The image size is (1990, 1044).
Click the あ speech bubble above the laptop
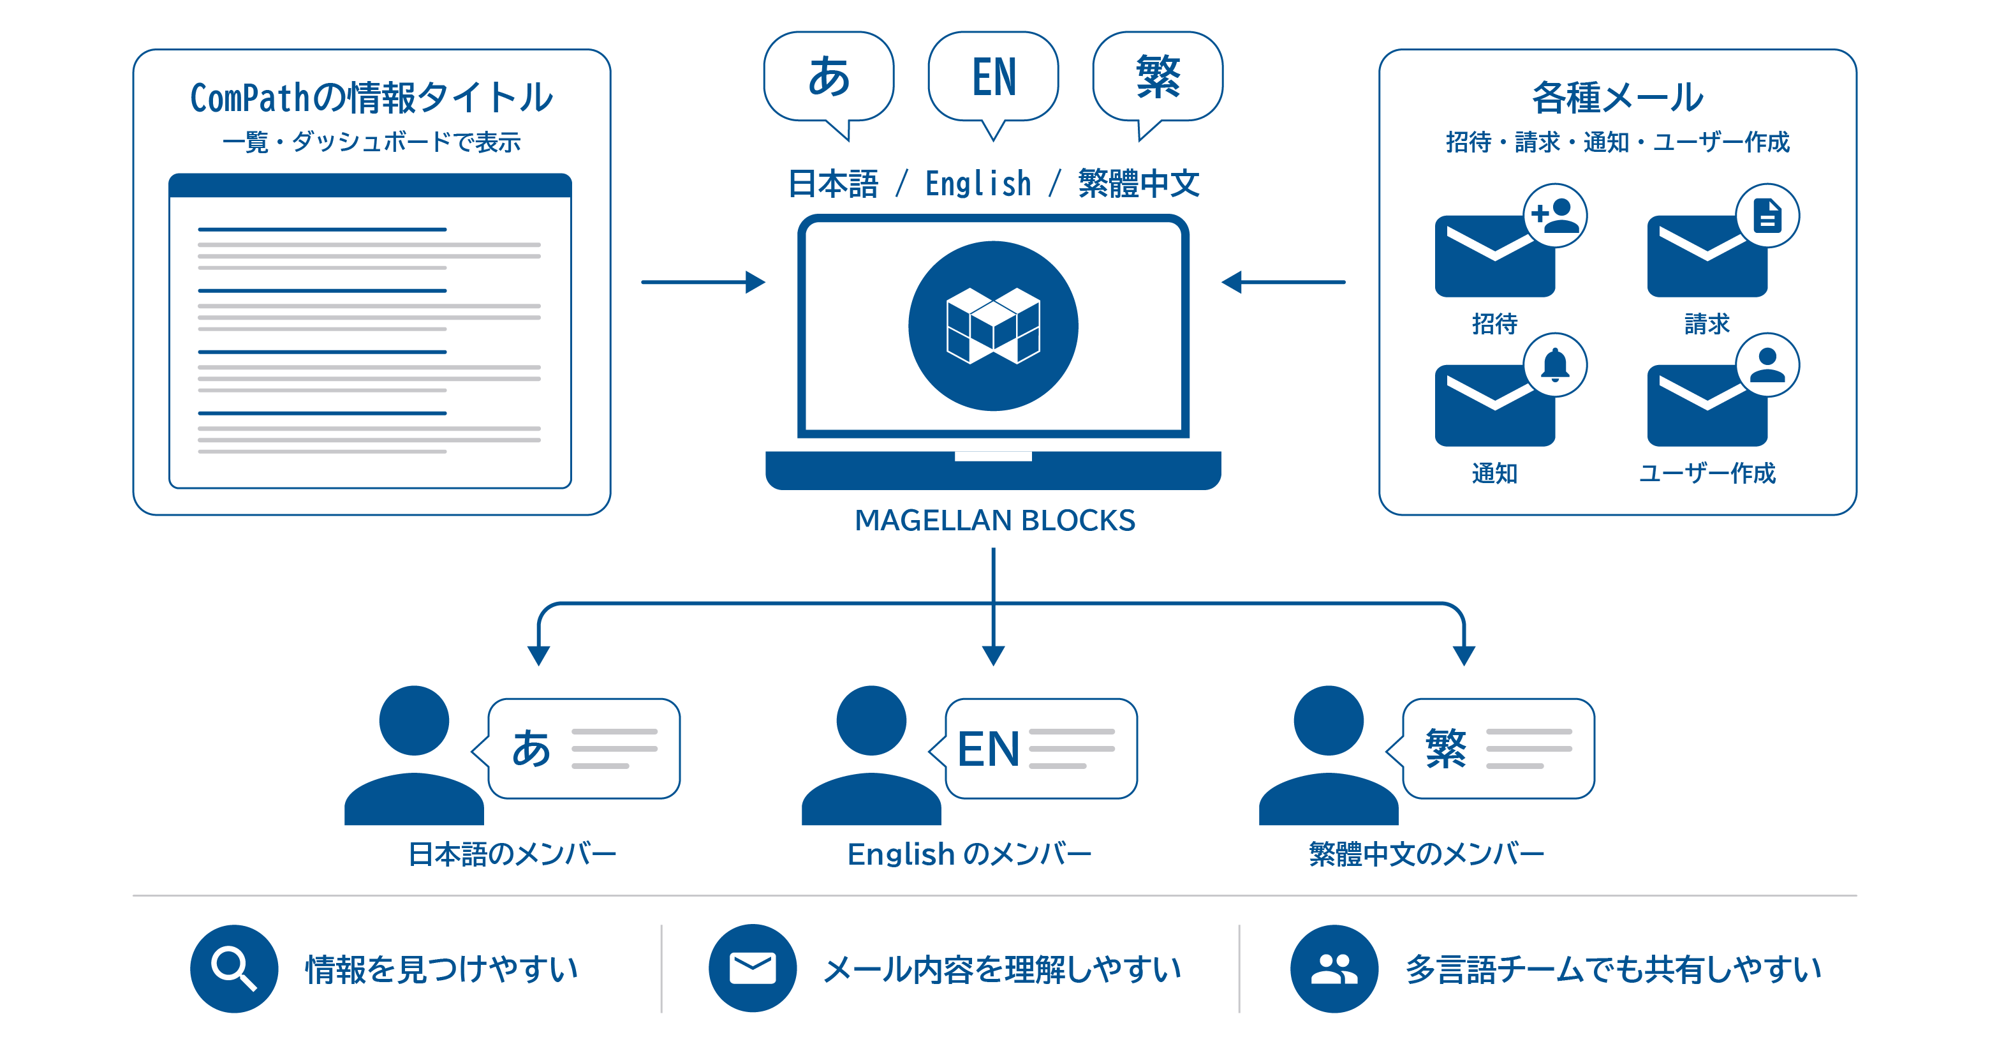(828, 77)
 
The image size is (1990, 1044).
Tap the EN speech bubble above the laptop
(994, 77)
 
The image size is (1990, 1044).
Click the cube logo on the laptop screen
(994, 325)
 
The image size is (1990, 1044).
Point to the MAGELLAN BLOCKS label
(994, 520)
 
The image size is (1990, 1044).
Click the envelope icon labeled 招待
(1494, 257)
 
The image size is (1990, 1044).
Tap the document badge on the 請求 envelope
(1767, 216)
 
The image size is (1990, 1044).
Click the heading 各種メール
(1617, 98)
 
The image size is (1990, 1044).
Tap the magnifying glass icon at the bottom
(234, 968)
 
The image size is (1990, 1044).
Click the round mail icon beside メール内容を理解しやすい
(753, 968)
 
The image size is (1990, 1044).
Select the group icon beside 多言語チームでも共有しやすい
(1334, 968)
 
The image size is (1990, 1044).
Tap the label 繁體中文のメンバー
(1426, 854)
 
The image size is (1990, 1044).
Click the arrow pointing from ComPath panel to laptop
(702, 282)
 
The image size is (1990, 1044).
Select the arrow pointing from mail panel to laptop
(1284, 282)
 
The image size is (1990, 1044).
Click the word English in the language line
(978, 184)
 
